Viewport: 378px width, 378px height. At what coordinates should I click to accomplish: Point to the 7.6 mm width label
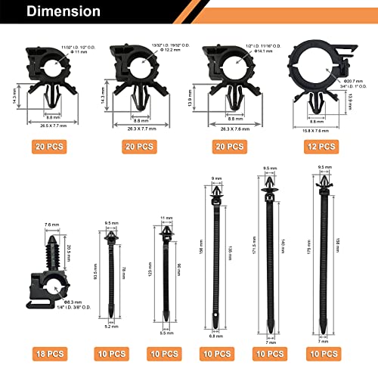(52, 225)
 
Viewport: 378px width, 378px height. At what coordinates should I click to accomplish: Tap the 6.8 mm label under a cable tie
(216, 336)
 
